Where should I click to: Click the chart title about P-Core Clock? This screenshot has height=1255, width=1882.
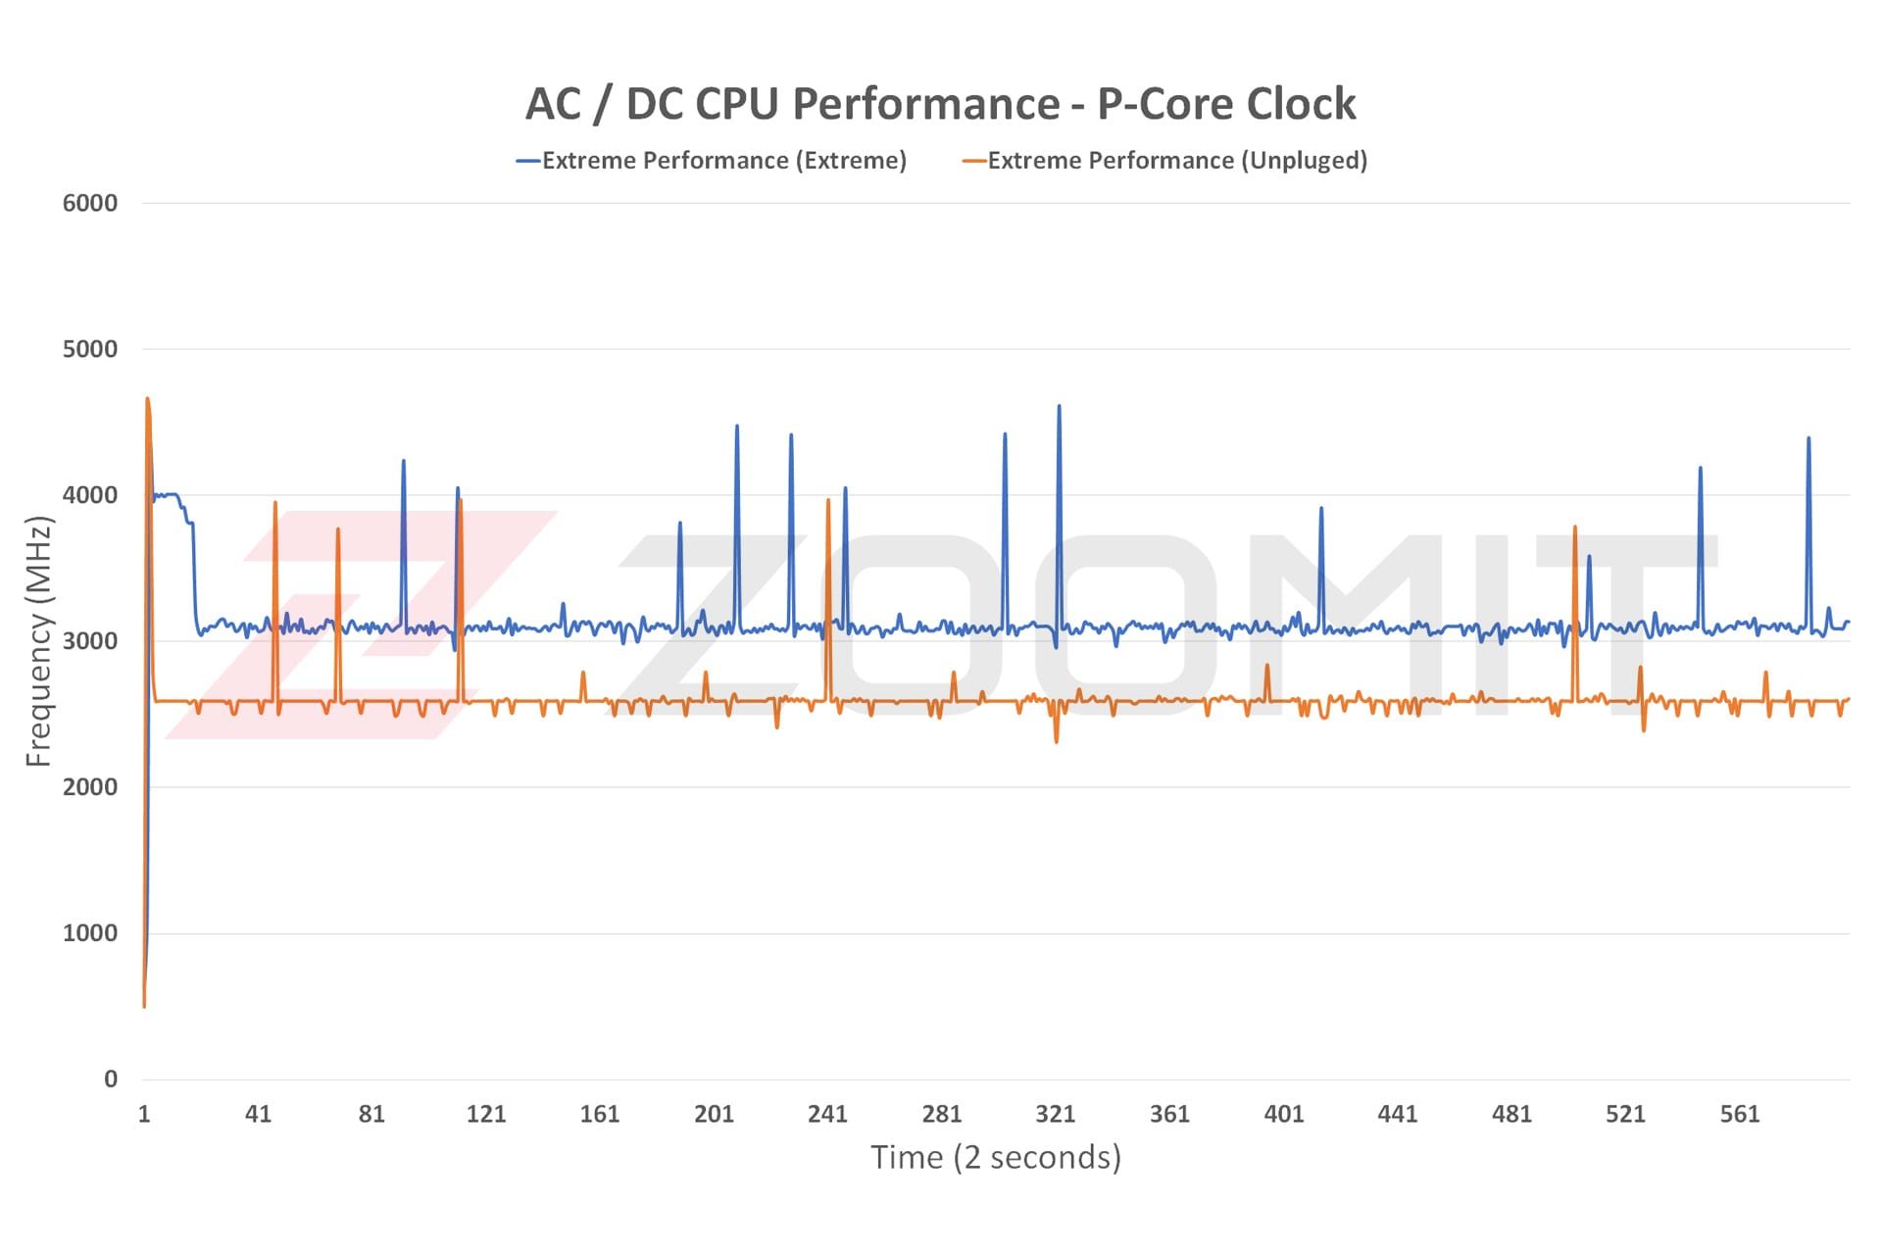[x=940, y=104]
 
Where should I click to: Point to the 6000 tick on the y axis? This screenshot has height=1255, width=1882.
[x=90, y=203]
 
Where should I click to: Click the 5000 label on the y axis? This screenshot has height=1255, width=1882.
[x=90, y=349]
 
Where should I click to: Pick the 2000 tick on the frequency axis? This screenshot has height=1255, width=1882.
[x=90, y=787]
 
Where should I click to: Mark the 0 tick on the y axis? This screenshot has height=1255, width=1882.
[x=111, y=1079]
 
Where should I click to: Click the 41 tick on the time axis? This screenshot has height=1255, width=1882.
[x=258, y=1114]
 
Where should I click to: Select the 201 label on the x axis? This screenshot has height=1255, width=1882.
[x=714, y=1114]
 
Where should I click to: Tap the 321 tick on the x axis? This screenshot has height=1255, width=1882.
[x=1056, y=1114]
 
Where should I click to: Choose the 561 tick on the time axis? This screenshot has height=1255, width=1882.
[x=1740, y=1114]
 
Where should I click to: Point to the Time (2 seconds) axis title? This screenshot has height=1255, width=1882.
[x=996, y=1158]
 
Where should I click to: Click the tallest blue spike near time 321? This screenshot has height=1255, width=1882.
[x=1059, y=406]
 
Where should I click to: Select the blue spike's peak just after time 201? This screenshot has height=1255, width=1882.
[x=737, y=426]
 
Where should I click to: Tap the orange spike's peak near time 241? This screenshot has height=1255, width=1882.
[x=828, y=500]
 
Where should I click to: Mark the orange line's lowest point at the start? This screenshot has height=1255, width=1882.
[x=144, y=1006]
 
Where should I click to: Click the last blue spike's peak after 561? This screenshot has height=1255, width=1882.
[x=1808, y=438]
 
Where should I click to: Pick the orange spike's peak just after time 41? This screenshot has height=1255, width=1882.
[x=275, y=502]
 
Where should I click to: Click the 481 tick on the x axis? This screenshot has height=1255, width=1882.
[x=1511, y=1114]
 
